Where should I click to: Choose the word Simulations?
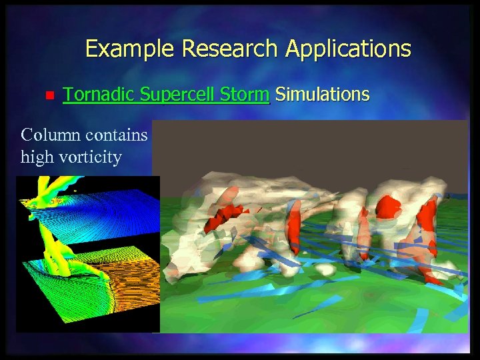[x=322, y=95]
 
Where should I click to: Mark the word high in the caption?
[x=37, y=157]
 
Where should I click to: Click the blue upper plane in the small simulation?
[x=113, y=207]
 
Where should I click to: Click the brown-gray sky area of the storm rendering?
[x=300, y=147]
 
